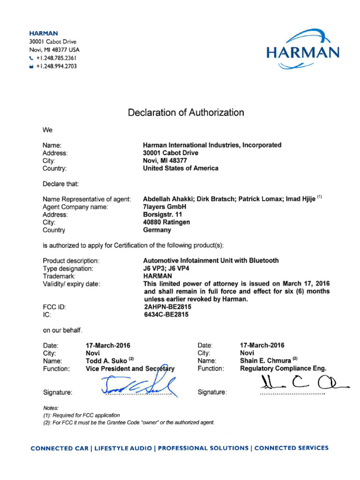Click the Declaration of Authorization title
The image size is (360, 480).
pos(186,112)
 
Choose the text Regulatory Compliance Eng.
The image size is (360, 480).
pos(283,369)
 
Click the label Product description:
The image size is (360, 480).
pos(71,261)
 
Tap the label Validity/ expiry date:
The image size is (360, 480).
pos(71,284)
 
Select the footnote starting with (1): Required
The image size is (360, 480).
pos(81,415)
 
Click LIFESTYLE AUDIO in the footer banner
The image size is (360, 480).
pos(124,448)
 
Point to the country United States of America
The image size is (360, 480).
pos(180,168)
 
